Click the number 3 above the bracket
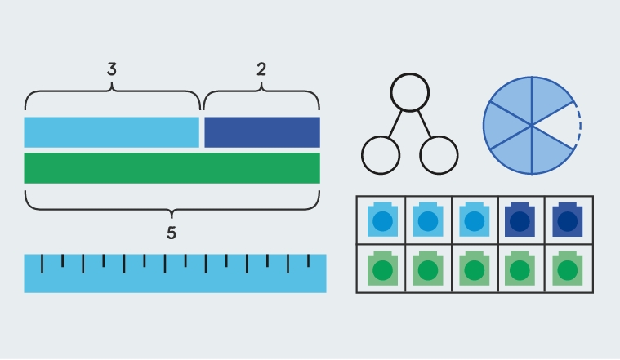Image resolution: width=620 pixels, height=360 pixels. point(112,70)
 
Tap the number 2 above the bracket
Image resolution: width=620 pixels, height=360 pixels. point(261,70)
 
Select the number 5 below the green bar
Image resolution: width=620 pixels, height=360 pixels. point(172,233)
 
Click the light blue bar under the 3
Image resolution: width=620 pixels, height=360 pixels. point(111,132)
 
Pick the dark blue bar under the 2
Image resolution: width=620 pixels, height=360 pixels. point(261,132)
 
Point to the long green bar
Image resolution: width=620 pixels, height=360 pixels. point(172,167)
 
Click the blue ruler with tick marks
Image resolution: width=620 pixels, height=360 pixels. point(175,273)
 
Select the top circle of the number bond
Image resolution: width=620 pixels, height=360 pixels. point(410,92)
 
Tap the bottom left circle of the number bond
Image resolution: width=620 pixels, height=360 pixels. point(381,154)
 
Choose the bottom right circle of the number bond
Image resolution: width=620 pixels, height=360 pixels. point(439,154)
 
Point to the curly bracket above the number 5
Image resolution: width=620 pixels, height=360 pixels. point(172,204)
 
